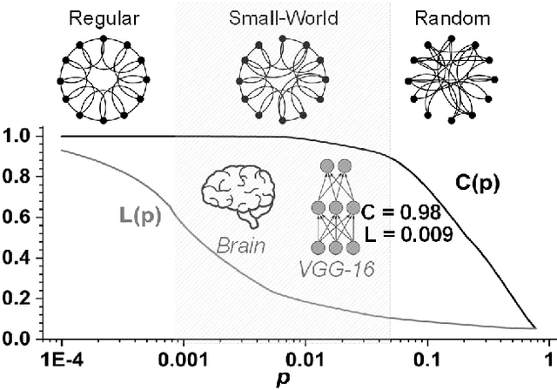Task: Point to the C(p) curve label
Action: click(478, 183)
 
